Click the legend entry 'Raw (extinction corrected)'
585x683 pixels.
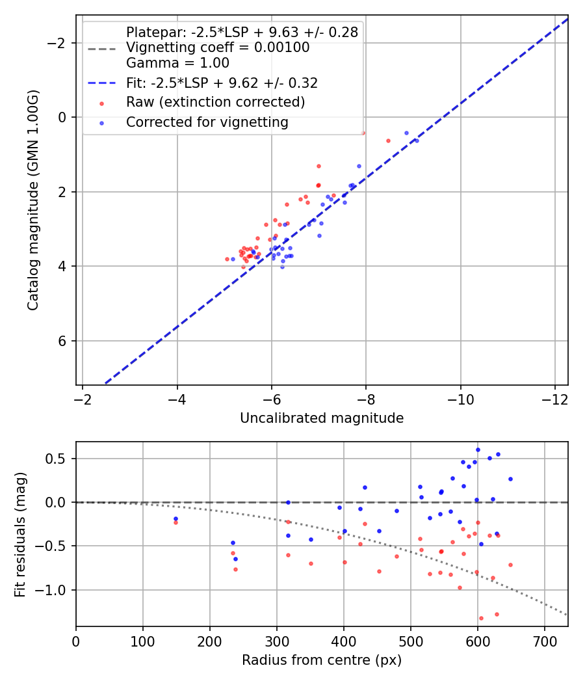[x=215, y=102]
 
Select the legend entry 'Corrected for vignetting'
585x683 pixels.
[x=207, y=122]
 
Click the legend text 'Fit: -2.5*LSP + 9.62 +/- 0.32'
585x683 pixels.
[x=222, y=83]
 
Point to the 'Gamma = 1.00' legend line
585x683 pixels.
[x=177, y=64]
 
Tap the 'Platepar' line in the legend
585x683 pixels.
[x=242, y=33]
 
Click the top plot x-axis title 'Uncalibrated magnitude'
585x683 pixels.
[x=322, y=418]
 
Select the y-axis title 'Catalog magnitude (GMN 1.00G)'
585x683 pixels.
[x=33, y=200]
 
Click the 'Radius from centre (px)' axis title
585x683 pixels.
[x=322, y=660]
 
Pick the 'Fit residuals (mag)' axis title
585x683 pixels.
[x=20, y=534]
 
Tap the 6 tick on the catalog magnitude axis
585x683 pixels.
[x=64, y=341]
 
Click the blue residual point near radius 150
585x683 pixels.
[x=175, y=518]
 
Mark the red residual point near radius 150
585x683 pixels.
[x=175, y=522]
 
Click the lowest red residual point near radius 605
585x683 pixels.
[x=481, y=618]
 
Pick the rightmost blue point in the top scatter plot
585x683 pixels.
[x=416, y=141]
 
